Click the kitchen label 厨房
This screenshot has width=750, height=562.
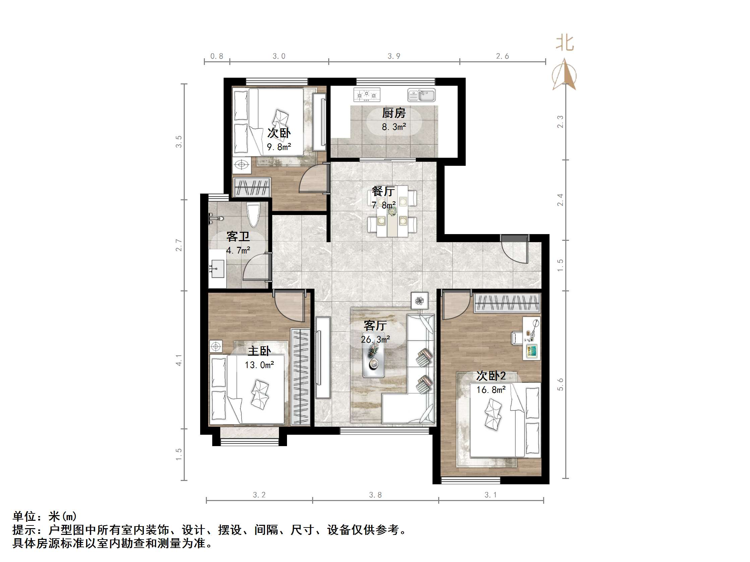point(394,113)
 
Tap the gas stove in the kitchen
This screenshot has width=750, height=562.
point(366,95)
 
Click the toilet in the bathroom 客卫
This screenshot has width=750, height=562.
point(253,214)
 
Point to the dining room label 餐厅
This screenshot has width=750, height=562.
point(383,191)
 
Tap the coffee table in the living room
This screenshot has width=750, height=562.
point(373,359)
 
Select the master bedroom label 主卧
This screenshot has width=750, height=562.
point(259,351)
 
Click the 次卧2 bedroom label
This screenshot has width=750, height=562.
point(491,376)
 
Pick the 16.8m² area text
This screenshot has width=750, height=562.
point(491,390)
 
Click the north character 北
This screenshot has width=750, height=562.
point(565,43)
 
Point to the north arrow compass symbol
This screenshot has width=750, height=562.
point(564,75)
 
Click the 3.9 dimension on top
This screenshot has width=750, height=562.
point(394,56)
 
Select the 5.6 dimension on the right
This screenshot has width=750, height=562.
point(560,384)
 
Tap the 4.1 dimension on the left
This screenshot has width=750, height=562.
point(179,360)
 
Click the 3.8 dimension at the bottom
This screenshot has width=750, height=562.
point(376,495)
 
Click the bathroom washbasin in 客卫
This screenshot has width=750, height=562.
point(217,269)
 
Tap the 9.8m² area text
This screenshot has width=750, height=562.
point(279,147)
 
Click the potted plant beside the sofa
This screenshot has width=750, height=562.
point(420,300)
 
